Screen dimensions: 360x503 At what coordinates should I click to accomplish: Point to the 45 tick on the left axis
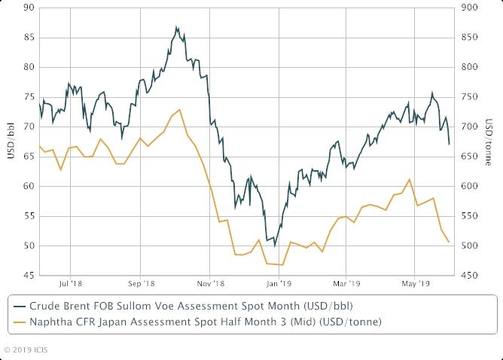pyautogui.click(x=28, y=276)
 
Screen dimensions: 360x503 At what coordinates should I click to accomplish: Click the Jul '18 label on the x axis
pyautogui.click(x=70, y=284)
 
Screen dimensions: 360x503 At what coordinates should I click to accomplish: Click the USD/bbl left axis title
pyautogui.click(x=10, y=142)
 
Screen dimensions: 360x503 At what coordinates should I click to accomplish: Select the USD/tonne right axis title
pyautogui.click(x=490, y=142)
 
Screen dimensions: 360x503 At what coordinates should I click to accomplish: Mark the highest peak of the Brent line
pyautogui.click(x=176, y=27)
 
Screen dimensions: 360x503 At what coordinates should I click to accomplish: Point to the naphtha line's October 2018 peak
pyautogui.click(x=179, y=110)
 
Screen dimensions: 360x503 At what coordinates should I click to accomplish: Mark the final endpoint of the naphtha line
pyautogui.click(x=449, y=242)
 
